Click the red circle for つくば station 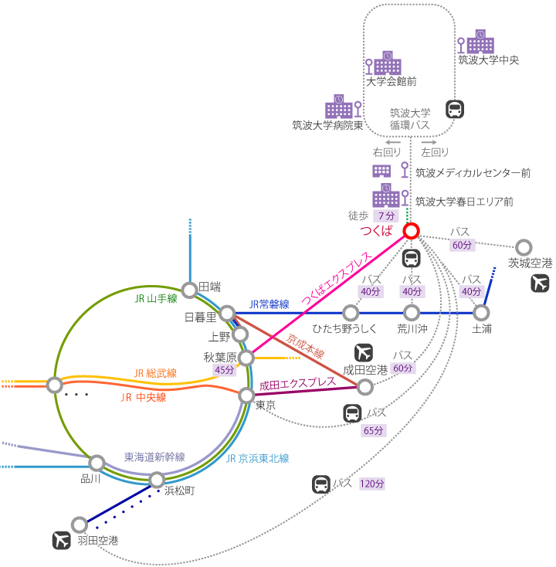point(411,231)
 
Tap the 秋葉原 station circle point(246,358)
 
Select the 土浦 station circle point(481,313)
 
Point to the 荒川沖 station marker point(412,313)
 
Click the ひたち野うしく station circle point(351,313)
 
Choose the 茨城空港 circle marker point(524,247)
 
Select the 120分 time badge point(371,484)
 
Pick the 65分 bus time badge point(373,430)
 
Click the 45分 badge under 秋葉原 point(224,371)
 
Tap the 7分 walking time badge point(385,216)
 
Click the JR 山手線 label point(155,298)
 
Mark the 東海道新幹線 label point(154,457)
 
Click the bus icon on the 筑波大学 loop point(455,110)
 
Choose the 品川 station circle point(97,463)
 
